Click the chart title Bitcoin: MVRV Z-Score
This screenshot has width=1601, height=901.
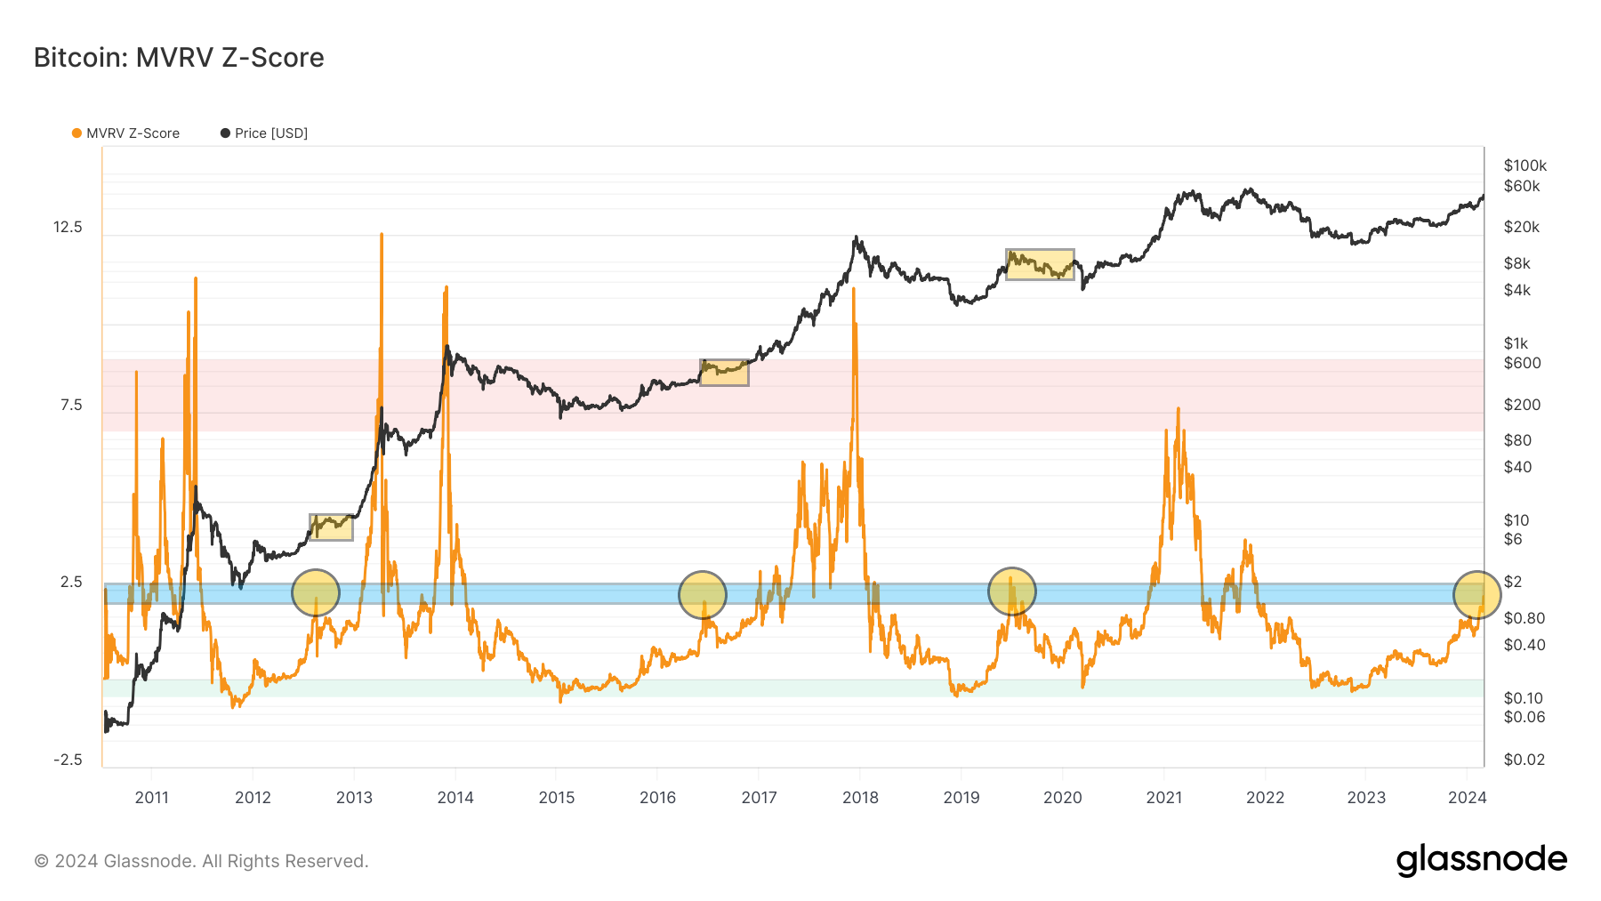click(179, 58)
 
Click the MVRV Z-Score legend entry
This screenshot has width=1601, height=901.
click(125, 133)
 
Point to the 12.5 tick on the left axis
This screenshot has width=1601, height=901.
click(68, 227)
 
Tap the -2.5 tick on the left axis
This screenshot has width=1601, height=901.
click(68, 760)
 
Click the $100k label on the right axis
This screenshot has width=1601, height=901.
click(1525, 165)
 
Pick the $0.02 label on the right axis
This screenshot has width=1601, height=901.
click(1524, 760)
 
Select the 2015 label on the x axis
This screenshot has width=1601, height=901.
click(557, 798)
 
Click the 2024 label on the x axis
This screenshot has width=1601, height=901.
click(1467, 798)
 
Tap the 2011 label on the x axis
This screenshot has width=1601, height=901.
click(151, 798)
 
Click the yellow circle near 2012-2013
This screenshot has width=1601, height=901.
click(316, 592)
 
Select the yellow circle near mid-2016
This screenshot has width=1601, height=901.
click(703, 595)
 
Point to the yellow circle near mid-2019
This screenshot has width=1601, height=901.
click(1012, 591)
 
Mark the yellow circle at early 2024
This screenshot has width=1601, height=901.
click(1476, 595)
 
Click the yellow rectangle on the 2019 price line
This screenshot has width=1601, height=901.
click(1040, 264)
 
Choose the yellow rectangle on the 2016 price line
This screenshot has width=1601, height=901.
click(724, 373)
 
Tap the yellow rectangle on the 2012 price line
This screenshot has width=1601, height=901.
click(331, 527)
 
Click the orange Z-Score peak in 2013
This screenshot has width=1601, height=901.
click(382, 235)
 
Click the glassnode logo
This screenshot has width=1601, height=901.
click(1481, 860)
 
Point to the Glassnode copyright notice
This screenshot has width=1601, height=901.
click(201, 861)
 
